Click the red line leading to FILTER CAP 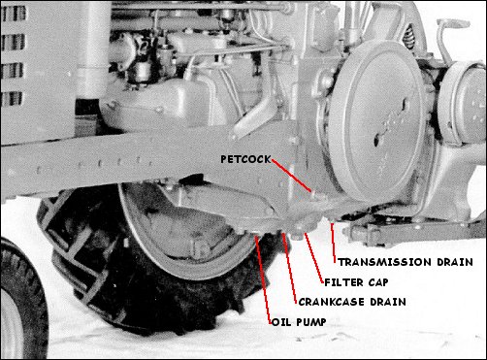(x=316, y=255)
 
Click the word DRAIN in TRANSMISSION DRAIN (x=451, y=262)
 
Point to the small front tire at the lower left (x=19, y=301)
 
